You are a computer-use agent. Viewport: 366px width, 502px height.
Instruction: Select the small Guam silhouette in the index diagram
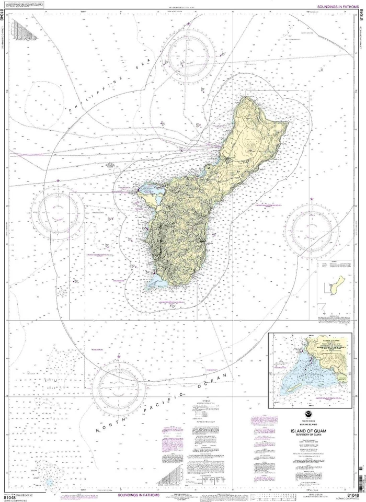coord(342,284)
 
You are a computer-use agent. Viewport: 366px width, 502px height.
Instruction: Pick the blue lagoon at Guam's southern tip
coord(156,283)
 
